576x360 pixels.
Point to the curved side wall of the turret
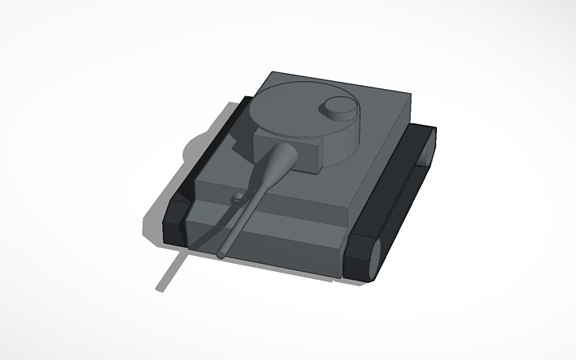pos(342,139)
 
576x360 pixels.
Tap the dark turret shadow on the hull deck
pos(238,135)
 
